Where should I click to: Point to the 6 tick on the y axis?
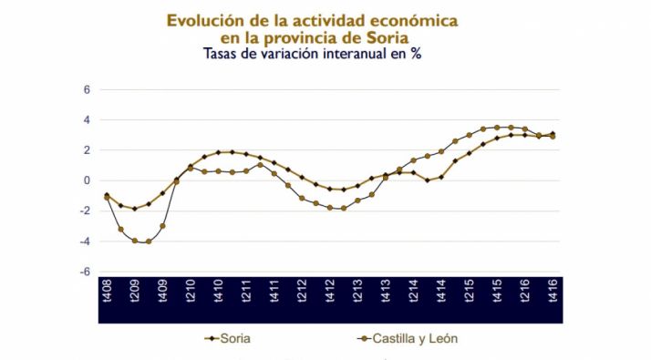tap(87, 90)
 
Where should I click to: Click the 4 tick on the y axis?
tap(87, 120)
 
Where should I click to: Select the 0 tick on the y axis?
tap(87, 180)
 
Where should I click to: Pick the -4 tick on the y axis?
tap(85, 242)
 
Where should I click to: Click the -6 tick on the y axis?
tap(85, 272)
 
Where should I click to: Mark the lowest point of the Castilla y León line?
tap(148, 242)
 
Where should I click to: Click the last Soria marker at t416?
tap(553, 134)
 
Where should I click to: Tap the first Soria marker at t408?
tap(107, 195)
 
